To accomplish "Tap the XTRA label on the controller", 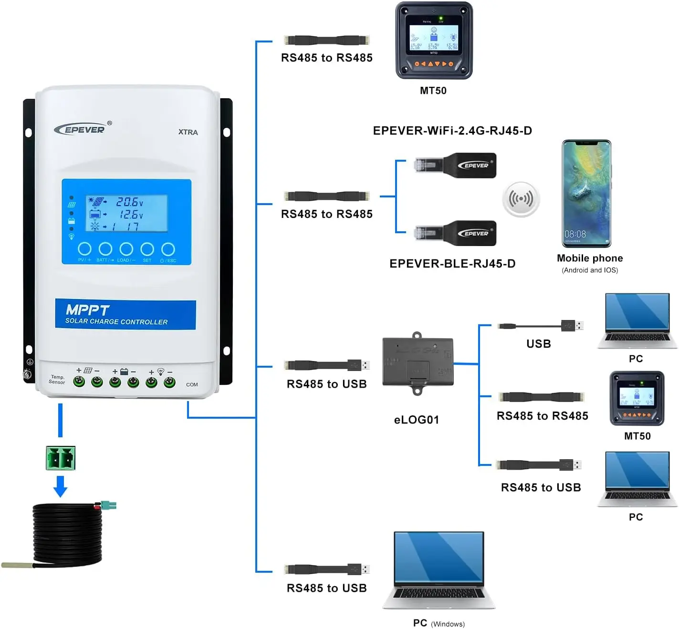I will point(188,132).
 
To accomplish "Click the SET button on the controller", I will point(147,249).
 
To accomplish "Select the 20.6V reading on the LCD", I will point(129,202).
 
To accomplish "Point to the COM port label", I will point(192,384).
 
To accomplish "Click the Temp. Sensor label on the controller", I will point(57,380).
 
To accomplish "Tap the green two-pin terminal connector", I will point(61,458).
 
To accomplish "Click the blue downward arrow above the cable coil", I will point(60,486).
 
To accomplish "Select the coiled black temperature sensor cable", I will point(67,534).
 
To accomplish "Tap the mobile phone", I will point(586,194).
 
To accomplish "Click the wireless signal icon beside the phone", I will point(521,199).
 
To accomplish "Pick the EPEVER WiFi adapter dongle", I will point(456,165).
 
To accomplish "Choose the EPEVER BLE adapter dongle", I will point(456,233).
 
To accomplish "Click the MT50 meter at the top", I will point(434,41).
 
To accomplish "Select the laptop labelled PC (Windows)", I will point(439,570).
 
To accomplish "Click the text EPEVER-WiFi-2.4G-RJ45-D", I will point(452,131).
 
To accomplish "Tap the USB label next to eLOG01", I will point(539,344).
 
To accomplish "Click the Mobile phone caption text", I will point(590,258).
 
